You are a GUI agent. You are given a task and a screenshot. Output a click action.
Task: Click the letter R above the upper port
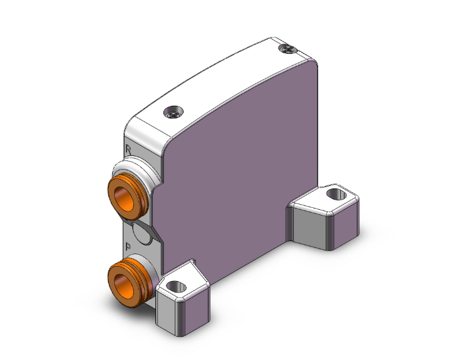point(128,150)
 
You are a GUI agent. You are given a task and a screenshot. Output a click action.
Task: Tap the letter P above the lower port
point(128,246)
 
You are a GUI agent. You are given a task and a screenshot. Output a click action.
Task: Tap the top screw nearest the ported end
point(173,113)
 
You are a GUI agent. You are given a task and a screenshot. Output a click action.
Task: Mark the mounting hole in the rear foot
point(335,194)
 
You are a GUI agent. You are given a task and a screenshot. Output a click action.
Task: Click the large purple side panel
point(244,169)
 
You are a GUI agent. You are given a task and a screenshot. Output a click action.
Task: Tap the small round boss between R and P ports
point(144,235)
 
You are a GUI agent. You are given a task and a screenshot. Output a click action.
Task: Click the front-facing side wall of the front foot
point(168,309)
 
